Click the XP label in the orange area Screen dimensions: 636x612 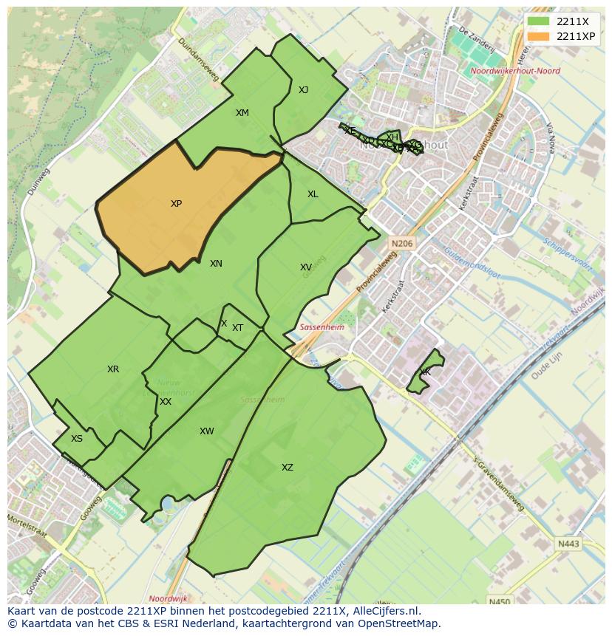point(176,204)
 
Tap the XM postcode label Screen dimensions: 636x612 point(242,113)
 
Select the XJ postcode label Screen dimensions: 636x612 point(303,90)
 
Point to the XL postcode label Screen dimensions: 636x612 point(313,194)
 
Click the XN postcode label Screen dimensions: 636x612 point(216,264)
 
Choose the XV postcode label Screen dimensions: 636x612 point(306,267)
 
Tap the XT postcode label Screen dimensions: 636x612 point(237,328)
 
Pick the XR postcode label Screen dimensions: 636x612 point(113,369)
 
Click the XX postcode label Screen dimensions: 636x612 point(166,402)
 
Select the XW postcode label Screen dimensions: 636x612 point(207,431)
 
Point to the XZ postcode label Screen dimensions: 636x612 point(288,468)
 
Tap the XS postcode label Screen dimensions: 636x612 point(77,439)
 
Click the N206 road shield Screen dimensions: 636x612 point(402,243)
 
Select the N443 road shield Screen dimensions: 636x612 point(568,544)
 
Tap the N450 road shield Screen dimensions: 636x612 point(500,601)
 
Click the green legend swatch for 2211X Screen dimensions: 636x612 point(539,21)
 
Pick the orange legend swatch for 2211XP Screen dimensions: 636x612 point(539,36)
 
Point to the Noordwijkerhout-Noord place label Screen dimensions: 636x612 point(515,72)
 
